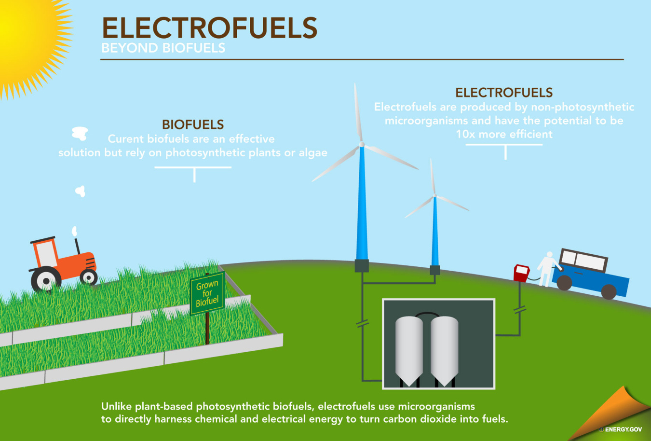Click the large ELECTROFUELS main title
pyautogui.click(x=210, y=28)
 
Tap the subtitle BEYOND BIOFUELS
pyautogui.click(x=163, y=48)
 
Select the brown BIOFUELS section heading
pyautogui.click(x=193, y=124)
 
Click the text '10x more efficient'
pyautogui.click(x=504, y=134)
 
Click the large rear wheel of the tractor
pyautogui.click(x=46, y=281)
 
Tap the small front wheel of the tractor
pyautogui.click(x=89, y=277)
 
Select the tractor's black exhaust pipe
pyautogui.click(x=77, y=246)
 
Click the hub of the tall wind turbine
pyautogui.click(x=362, y=144)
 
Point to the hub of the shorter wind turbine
pyautogui.click(x=435, y=195)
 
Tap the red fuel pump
pyautogui.click(x=521, y=273)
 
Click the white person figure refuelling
pyautogui.click(x=547, y=269)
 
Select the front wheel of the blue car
pyautogui.click(x=564, y=283)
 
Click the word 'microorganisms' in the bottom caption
pyautogui.click(x=436, y=406)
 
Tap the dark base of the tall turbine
pyautogui.click(x=362, y=266)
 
